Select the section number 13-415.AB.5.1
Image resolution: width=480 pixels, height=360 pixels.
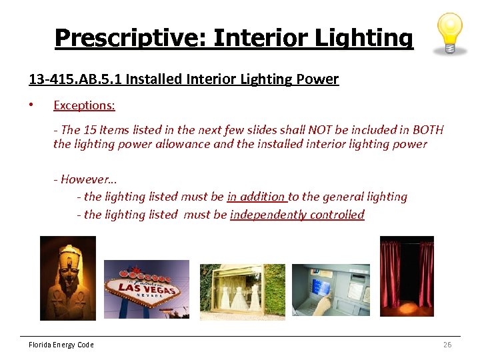[75, 79]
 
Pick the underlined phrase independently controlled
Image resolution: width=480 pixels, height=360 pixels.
[297, 215]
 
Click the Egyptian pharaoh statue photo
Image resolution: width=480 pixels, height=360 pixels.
[67, 278]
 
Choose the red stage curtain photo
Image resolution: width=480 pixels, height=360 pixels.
[407, 276]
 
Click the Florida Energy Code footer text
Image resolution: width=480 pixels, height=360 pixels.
[61, 345]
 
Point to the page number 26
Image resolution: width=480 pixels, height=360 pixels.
[447, 345]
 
